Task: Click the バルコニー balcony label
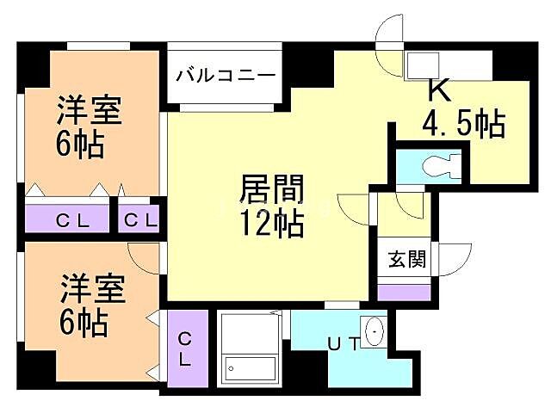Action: pyautogui.click(x=226, y=75)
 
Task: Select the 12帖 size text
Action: pyautogui.click(x=272, y=224)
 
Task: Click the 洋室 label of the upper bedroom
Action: pyautogui.click(x=90, y=111)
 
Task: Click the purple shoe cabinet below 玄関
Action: pyautogui.click(x=404, y=291)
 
